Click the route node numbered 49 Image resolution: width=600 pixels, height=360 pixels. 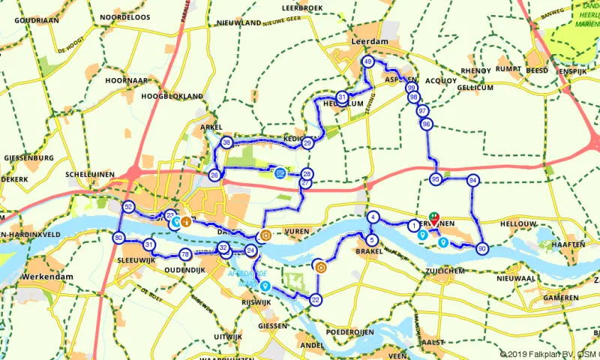367,61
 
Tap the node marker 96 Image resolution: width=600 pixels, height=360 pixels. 426,124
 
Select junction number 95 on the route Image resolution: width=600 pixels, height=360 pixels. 436,179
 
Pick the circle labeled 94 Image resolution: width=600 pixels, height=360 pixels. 472,181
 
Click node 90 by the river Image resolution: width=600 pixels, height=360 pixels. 481,249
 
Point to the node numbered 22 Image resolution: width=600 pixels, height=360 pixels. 316,300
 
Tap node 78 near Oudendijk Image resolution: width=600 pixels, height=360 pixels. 185,255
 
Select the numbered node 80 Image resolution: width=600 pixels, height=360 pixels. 118,238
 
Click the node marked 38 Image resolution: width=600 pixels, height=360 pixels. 226,142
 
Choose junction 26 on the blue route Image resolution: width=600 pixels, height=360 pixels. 214,175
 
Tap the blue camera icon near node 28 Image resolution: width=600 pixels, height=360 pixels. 280,172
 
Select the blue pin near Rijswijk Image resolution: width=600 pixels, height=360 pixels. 265,286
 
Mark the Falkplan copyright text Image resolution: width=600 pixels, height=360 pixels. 549,353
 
